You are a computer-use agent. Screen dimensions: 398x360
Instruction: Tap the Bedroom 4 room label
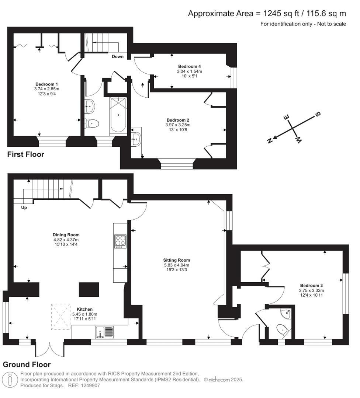[189, 66]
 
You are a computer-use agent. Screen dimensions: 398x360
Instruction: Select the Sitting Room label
[177, 260]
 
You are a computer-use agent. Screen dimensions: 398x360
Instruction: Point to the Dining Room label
[66, 235]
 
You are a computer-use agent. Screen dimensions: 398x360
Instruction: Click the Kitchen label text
[84, 309]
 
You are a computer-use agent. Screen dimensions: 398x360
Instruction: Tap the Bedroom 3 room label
[311, 286]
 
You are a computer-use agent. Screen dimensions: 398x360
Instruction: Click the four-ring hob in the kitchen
[120, 242]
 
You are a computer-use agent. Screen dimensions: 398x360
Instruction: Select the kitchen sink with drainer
[104, 332]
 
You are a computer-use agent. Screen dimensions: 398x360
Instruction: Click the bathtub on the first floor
[118, 115]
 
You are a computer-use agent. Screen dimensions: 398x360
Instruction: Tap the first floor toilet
[91, 123]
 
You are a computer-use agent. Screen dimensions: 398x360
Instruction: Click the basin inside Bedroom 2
[136, 139]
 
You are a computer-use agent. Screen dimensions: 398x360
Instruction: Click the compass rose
[294, 128]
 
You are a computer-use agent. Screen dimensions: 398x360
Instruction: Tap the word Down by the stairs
[118, 57]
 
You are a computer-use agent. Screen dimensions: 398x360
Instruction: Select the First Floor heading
[25, 154]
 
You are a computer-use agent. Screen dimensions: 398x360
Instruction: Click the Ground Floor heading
[27, 364]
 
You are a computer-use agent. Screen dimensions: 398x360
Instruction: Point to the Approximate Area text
[267, 14]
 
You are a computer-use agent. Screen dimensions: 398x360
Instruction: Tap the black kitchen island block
[89, 290]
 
